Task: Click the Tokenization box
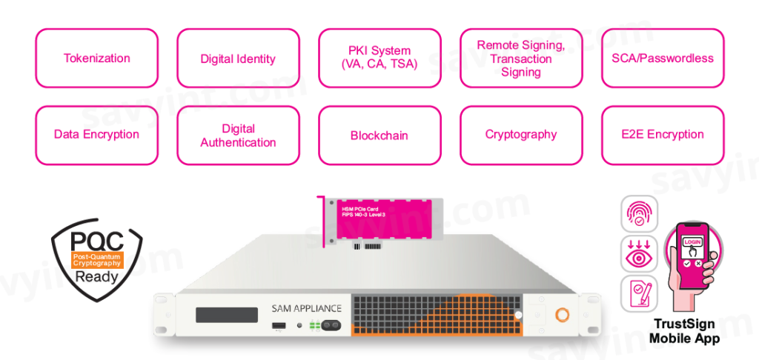[x=96, y=59]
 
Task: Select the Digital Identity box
[x=238, y=59]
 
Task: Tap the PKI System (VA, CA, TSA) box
[x=379, y=59]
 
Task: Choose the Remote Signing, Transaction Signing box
[x=521, y=59]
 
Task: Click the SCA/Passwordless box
[x=663, y=59]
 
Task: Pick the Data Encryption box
[x=96, y=135]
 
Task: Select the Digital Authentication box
[x=238, y=135]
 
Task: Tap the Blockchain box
[x=379, y=135]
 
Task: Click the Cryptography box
[x=521, y=135]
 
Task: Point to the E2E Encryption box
[x=663, y=135]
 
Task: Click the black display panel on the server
[x=226, y=314]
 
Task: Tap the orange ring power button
[x=563, y=315]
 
